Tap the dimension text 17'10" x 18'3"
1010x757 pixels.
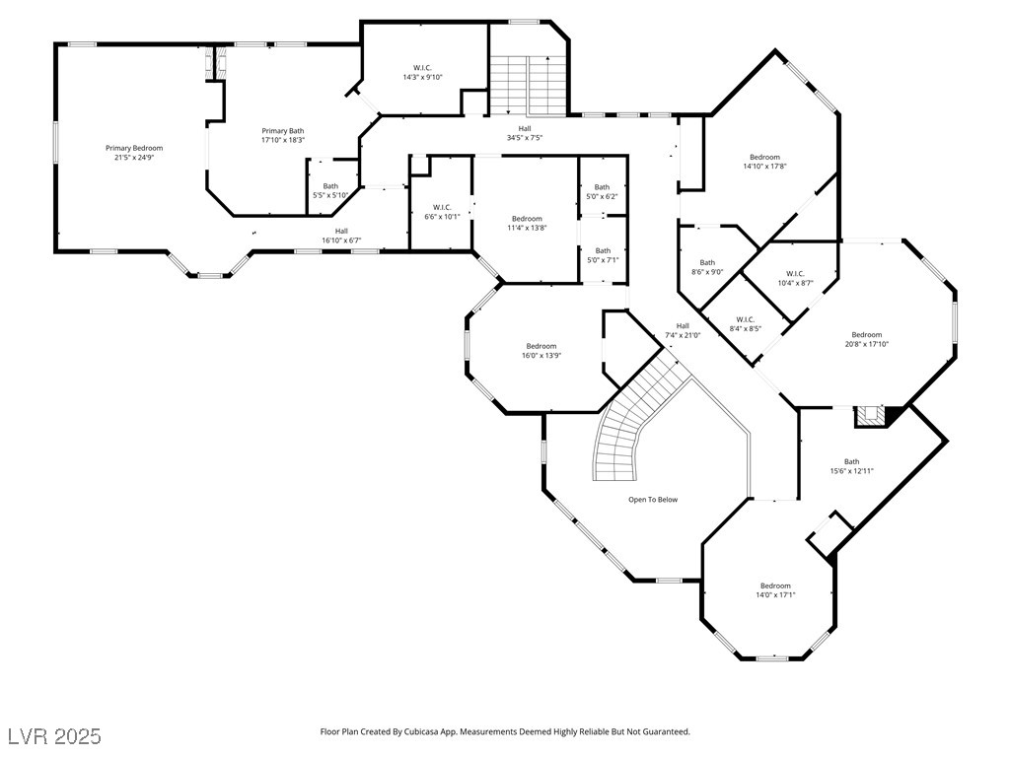click(x=283, y=140)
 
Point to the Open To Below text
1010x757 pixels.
click(x=653, y=500)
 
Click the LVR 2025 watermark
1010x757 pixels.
click(x=55, y=736)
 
